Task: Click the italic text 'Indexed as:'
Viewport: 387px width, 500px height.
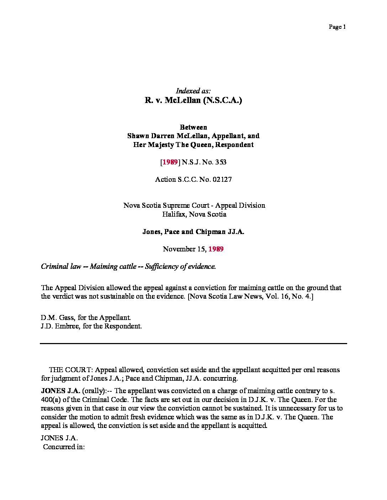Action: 193,91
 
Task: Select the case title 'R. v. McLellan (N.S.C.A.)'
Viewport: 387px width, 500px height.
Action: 193,100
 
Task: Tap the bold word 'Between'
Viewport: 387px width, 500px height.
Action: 193,127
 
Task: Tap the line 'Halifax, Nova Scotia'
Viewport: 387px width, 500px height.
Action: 193,214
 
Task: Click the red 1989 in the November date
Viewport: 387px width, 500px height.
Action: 216,249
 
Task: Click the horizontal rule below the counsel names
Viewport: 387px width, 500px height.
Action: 193,343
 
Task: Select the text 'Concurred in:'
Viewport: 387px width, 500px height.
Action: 64,447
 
